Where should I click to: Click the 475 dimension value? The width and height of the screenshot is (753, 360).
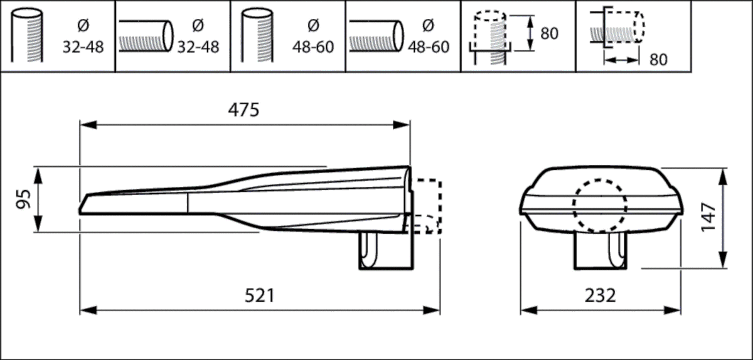click(243, 110)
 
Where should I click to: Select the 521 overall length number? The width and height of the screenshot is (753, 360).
click(259, 295)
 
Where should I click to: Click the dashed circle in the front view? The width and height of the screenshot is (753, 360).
click(599, 206)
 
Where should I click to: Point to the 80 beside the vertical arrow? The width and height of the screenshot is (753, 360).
click(549, 33)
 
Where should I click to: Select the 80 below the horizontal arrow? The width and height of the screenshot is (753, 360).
click(658, 60)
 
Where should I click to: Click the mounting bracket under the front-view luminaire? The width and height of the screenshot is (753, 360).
click(601, 251)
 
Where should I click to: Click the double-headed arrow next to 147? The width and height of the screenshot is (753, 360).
click(721, 217)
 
